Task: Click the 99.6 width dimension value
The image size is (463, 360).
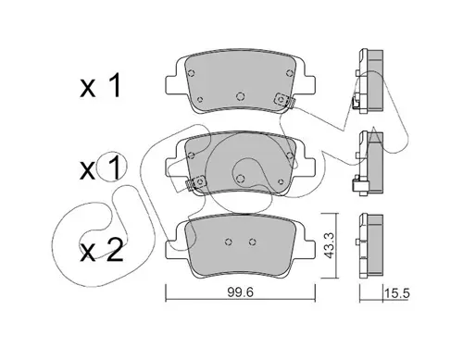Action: (x=241, y=292)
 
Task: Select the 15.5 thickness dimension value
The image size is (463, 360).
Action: (x=396, y=293)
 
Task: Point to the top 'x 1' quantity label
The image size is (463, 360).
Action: (x=100, y=86)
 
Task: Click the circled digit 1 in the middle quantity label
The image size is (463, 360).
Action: (x=113, y=168)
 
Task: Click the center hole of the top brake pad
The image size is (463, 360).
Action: (x=241, y=96)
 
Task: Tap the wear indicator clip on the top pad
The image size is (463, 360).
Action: (x=284, y=100)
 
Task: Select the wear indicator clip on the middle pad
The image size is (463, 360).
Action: (x=196, y=182)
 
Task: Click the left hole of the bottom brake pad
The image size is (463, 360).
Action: (x=229, y=242)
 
